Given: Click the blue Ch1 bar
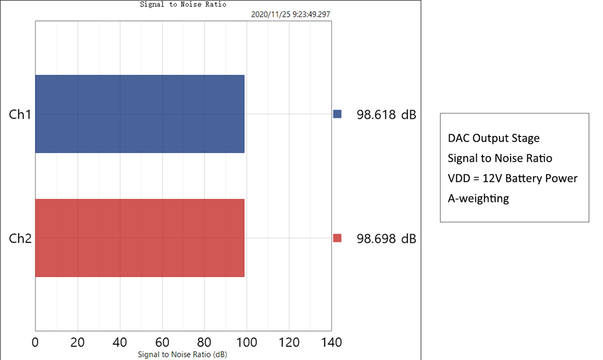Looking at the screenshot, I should click(140, 114).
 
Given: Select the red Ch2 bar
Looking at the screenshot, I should click(140, 238).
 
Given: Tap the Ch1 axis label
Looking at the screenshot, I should click(20, 114).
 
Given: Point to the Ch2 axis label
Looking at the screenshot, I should click(20, 238).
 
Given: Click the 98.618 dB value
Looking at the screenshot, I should click(386, 114).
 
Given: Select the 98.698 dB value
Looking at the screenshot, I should click(386, 238).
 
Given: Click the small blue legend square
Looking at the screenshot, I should click(337, 114).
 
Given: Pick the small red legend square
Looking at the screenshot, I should click(337, 238).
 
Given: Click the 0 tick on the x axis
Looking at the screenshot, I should click(35, 343).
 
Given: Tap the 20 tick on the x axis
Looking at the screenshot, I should click(77, 343).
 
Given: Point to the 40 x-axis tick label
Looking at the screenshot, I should click(119, 343).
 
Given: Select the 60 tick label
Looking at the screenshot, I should click(162, 343).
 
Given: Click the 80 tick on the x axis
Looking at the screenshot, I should click(204, 343).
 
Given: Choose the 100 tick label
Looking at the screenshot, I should click(246, 343).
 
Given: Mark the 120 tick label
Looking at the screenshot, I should click(289, 343).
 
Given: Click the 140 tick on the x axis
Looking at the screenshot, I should click(331, 343).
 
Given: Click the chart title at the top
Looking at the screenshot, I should click(183, 5).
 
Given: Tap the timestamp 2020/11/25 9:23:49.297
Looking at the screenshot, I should click(290, 15).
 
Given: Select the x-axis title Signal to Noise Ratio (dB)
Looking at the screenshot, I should click(183, 354).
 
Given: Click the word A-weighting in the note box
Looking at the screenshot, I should click(478, 198).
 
